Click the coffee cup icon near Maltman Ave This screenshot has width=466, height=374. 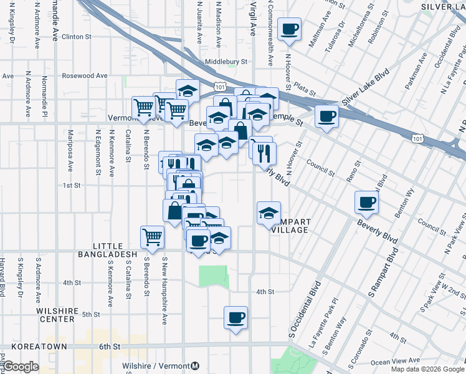point(290,29)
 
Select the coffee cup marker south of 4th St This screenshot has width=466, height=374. point(235,317)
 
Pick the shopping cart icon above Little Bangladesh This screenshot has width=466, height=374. point(152,237)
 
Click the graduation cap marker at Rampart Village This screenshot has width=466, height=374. point(269,214)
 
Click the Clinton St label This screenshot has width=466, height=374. point(77,37)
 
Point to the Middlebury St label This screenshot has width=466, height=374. point(227,62)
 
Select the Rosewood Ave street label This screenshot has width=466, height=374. point(85,76)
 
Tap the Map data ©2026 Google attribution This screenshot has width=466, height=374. point(427,369)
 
